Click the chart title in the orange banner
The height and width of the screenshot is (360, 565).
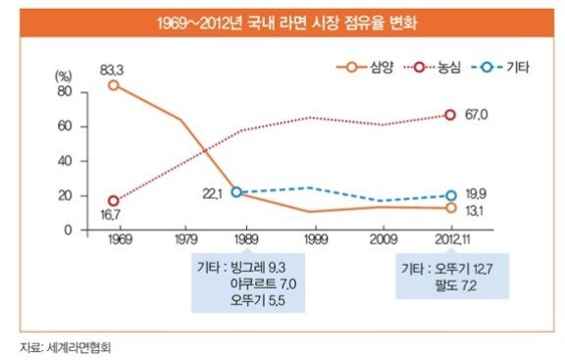click(287, 24)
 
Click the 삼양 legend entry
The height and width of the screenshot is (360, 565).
click(364, 67)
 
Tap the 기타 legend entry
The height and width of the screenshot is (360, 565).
click(500, 67)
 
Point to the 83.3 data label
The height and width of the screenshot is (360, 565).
click(112, 70)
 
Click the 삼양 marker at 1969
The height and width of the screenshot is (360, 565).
click(114, 85)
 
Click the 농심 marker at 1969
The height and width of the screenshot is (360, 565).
click(114, 201)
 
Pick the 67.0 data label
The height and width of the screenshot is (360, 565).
click(477, 115)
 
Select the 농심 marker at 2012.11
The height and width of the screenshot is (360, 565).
click(450, 115)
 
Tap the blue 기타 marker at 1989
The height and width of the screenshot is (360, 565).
click(236, 192)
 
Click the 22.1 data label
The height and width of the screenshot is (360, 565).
click(212, 194)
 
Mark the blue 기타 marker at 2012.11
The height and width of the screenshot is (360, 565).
click(451, 195)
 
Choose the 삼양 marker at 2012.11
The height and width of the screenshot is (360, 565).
click(451, 208)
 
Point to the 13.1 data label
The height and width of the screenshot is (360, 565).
click(474, 211)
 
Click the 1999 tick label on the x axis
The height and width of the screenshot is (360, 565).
click(316, 239)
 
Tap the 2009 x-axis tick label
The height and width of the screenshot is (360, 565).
click(384, 239)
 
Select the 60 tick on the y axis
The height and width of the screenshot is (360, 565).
click(65, 127)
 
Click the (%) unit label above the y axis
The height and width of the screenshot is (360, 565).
click(63, 77)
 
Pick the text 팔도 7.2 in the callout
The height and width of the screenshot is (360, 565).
click(456, 285)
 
